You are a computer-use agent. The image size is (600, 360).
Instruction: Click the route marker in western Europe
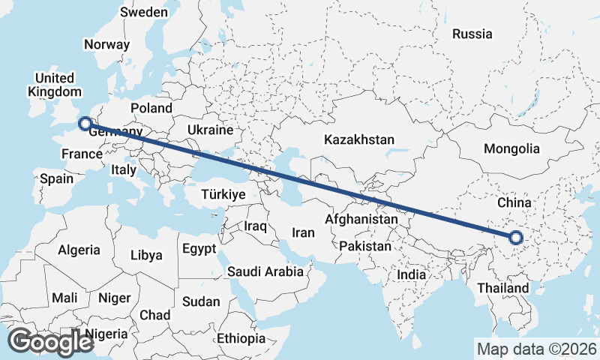(85, 124)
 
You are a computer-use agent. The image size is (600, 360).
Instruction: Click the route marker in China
(515, 238)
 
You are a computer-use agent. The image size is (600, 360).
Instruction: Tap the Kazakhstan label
(358, 139)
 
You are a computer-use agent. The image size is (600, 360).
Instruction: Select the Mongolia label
(511, 148)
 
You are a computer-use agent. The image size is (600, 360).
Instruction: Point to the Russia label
(472, 34)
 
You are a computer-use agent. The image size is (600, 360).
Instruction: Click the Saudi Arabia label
(265, 271)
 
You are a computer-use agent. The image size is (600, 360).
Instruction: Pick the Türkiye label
(223, 194)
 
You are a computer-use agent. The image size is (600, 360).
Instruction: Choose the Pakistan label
(365, 246)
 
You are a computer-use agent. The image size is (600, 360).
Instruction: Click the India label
(411, 274)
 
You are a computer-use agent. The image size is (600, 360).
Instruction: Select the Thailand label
(502, 288)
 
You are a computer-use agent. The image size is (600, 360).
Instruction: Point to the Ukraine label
(211, 130)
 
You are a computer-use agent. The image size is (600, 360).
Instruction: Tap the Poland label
(151, 108)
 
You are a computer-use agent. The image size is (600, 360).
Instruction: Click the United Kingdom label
(54, 85)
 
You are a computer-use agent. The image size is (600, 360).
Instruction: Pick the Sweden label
(143, 12)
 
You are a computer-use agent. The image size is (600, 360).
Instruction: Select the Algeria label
(79, 250)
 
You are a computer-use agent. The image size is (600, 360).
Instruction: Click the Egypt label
(199, 249)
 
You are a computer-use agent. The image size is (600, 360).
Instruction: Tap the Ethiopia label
(241, 338)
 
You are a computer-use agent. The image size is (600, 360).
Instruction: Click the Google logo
(50, 342)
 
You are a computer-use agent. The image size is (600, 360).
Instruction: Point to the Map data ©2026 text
(536, 349)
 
